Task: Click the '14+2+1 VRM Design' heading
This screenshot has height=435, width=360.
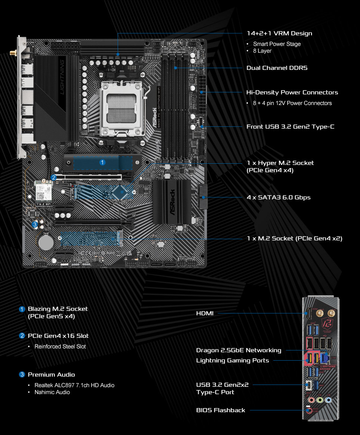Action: click(279, 33)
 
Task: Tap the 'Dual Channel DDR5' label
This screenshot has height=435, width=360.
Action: click(277, 68)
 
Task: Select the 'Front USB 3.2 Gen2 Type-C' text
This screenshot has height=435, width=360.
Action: click(290, 127)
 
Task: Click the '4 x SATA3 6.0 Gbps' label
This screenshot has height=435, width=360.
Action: click(279, 197)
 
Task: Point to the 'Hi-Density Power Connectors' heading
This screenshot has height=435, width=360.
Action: click(292, 92)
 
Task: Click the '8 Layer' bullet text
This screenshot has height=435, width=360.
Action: click(262, 51)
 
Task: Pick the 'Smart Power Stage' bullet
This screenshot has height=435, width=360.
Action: click(277, 44)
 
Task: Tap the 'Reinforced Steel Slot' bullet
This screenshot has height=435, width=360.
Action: click(60, 346)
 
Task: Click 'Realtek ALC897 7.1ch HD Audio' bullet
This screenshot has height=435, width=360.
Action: click(74, 385)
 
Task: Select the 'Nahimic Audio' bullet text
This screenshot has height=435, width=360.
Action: click(52, 392)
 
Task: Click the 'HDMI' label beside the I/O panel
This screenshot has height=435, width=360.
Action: click(205, 313)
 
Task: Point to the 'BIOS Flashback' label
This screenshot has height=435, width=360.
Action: click(221, 410)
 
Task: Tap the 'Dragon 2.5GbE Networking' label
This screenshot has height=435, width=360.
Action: click(239, 350)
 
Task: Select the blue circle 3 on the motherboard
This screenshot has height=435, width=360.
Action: click(35, 225)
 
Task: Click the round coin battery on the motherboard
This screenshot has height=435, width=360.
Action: click(47, 242)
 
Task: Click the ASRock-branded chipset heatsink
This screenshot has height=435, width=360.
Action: click(172, 202)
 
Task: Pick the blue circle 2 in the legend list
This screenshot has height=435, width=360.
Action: click(22, 336)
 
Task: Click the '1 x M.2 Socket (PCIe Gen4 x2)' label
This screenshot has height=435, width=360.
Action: click(295, 238)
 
